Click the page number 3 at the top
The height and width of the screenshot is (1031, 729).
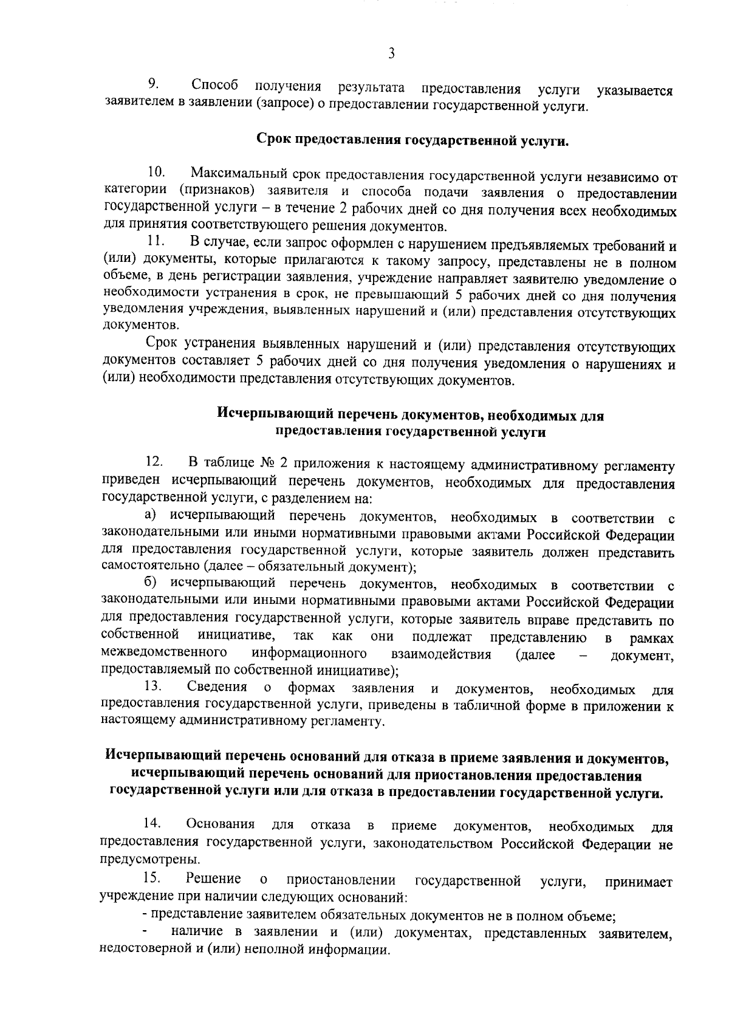391,53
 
